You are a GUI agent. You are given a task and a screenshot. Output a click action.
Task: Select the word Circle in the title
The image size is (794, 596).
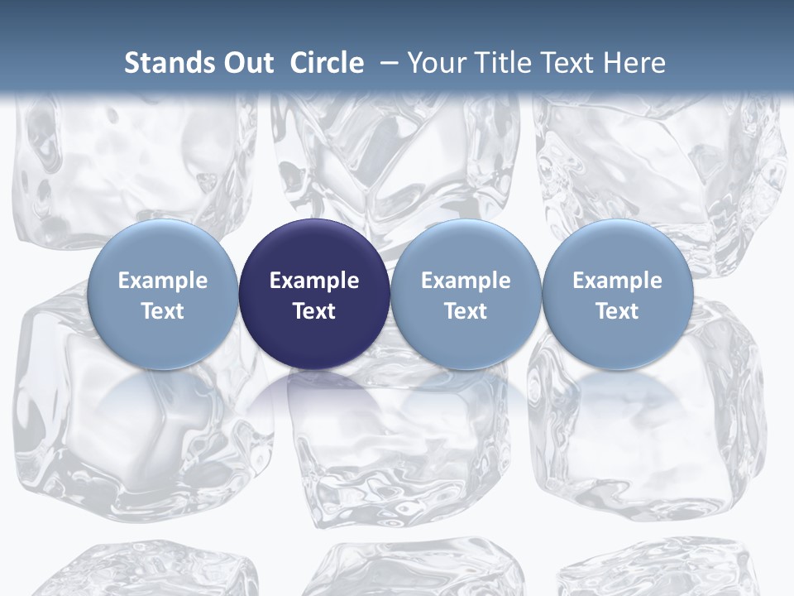327,63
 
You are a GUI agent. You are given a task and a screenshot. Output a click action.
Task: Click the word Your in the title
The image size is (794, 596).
434,63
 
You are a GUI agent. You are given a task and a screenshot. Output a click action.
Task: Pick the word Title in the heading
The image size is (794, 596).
497,63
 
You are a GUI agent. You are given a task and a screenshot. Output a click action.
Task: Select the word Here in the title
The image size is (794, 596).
633,63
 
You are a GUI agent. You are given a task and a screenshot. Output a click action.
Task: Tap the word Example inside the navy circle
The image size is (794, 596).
314,281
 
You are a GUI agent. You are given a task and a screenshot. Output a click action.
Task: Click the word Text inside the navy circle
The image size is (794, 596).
314,311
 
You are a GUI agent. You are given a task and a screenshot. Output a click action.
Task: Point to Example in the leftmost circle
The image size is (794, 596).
163,281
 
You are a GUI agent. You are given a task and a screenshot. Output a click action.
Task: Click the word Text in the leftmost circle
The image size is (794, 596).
163,311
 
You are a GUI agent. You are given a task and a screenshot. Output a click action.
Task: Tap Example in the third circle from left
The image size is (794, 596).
466,281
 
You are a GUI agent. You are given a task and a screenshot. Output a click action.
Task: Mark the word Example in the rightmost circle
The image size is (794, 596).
618,281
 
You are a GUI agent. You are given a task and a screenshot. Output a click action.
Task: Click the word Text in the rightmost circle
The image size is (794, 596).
618,311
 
